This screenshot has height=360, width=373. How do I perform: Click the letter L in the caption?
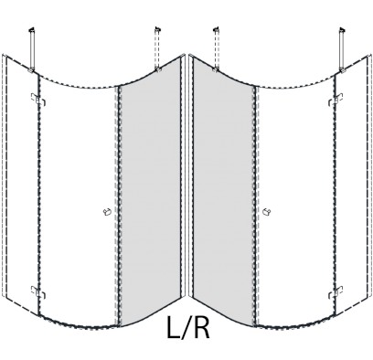tap(175, 327)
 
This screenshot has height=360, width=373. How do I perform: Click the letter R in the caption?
tap(201, 327)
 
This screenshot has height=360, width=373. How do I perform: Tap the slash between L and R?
tap(186, 328)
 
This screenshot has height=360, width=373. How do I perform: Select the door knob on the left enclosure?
tap(106, 212)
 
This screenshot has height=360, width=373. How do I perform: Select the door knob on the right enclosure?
tap(267, 211)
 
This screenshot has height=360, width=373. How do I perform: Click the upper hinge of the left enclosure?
tap(38, 100)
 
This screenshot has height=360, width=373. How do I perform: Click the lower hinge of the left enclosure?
tap(38, 292)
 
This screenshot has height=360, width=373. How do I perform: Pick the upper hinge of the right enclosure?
tap(336, 100)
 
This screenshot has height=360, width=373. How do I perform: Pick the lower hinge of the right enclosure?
tap(336, 292)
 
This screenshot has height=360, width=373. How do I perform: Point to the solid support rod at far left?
tap(32, 50)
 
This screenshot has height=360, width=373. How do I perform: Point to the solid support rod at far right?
tap(342, 50)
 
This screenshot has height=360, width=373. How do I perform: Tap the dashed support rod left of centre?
tap(157, 49)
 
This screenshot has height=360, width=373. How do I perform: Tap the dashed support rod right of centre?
tap(216, 49)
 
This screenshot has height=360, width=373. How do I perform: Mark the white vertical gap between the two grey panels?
tap(186, 176)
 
